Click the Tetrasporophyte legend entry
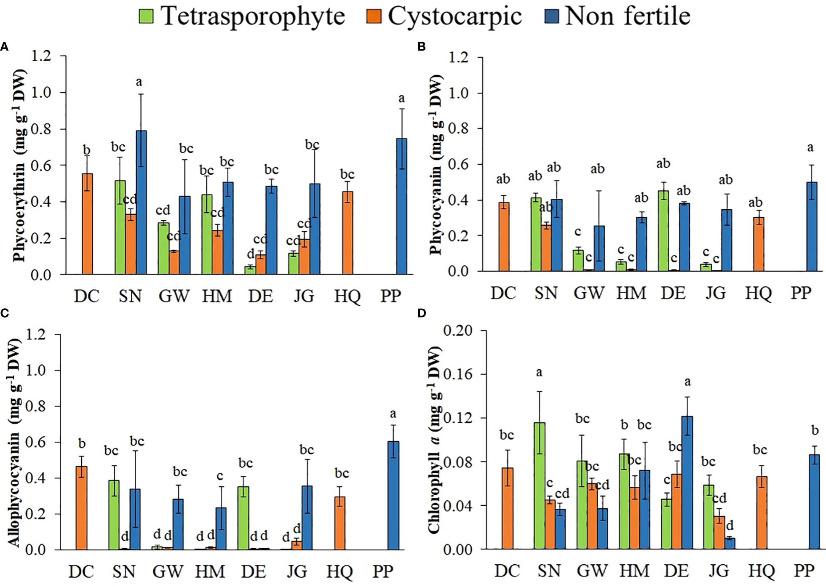(x=242, y=16)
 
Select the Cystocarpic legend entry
(x=444, y=16)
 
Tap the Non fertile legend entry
(x=617, y=16)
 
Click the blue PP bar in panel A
(x=402, y=206)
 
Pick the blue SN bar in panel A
(x=141, y=203)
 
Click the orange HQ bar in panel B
(x=758, y=244)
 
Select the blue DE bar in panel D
(x=687, y=483)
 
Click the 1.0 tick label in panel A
(x=41, y=93)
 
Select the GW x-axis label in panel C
(x=168, y=572)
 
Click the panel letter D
(x=422, y=313)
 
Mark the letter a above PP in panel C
(x=393, y=414)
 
